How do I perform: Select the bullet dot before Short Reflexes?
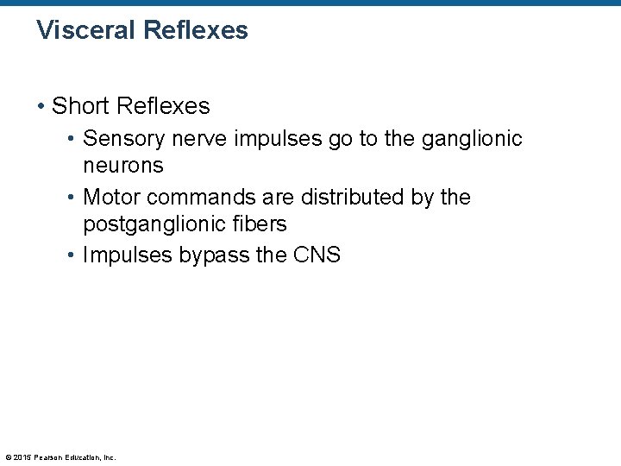41,106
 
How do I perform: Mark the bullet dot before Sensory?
72,139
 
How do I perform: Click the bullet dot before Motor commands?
72,198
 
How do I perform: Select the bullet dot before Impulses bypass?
72,256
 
